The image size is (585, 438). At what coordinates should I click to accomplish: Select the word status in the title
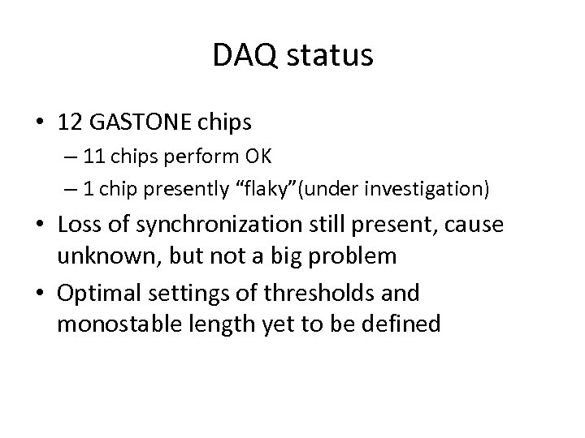pos(329,56)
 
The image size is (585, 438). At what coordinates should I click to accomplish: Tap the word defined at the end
pos(400,324)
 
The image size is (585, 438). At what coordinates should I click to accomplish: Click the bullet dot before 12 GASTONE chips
pos(40,123)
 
